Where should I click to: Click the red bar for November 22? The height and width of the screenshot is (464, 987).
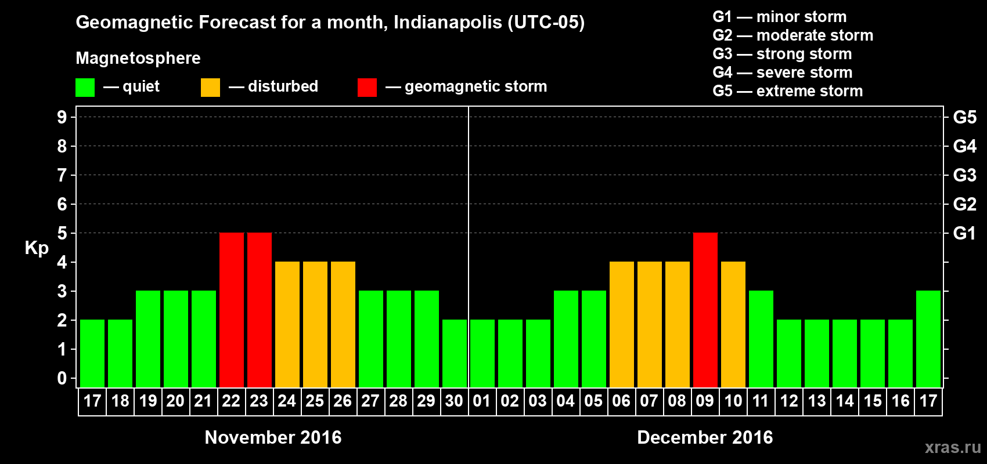tap(231, 310)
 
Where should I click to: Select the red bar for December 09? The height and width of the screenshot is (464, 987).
tap(705, 310)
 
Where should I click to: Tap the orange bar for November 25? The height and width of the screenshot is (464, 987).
tap(315, 324)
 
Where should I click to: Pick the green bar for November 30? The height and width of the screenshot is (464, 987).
tap(454, 353)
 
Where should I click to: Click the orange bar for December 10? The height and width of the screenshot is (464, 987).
tap(733, 324)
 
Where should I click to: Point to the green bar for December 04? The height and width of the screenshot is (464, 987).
tap(565, 339)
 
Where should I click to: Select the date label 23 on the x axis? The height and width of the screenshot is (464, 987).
tap(259, 401)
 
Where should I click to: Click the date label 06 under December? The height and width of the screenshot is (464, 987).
tap(621, 401)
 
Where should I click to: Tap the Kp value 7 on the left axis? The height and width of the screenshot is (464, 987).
tap(62, 175)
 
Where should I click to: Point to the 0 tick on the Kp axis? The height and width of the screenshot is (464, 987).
tap(62, 378)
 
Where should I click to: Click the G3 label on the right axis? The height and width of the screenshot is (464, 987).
tap(964, 175)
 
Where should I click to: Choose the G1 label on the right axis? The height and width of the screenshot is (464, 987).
tap(964, 233)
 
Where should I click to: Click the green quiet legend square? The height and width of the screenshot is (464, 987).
tap(85, 88)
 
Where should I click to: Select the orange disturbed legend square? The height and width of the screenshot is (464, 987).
tap(210, 88)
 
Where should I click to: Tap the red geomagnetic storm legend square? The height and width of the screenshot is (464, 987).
tap(367, 88)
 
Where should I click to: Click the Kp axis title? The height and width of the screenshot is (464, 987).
tap(37, 248)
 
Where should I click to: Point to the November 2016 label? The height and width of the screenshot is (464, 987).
tap(273, 437)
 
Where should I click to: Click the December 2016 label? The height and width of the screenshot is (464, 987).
tap(705, 437)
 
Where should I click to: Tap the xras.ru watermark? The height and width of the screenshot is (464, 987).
tap(953, 447)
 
